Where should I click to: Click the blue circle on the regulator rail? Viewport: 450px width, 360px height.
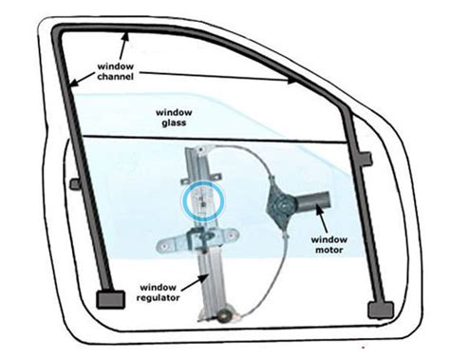coord(201,200)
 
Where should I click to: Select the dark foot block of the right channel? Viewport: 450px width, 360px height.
coord(379,306)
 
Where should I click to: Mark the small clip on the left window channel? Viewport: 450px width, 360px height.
coord(72,181)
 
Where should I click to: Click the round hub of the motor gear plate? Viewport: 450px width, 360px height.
coord(282,202)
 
